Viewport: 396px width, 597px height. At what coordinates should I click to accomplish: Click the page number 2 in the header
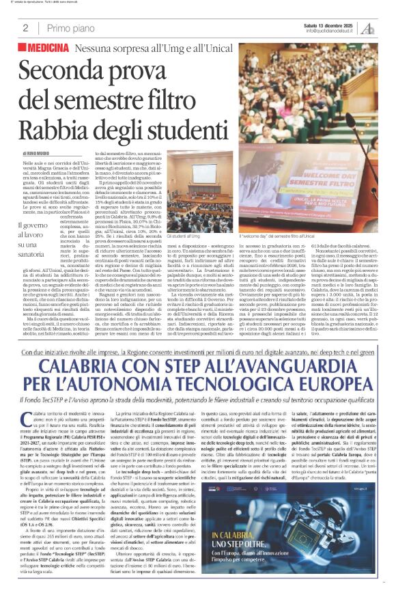click(25, 28)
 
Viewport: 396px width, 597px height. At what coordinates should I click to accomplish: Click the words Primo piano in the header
click(68, 28)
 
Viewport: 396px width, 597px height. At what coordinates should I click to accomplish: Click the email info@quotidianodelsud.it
click(331, 31)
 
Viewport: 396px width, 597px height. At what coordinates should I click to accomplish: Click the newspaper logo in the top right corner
click(368, 28)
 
